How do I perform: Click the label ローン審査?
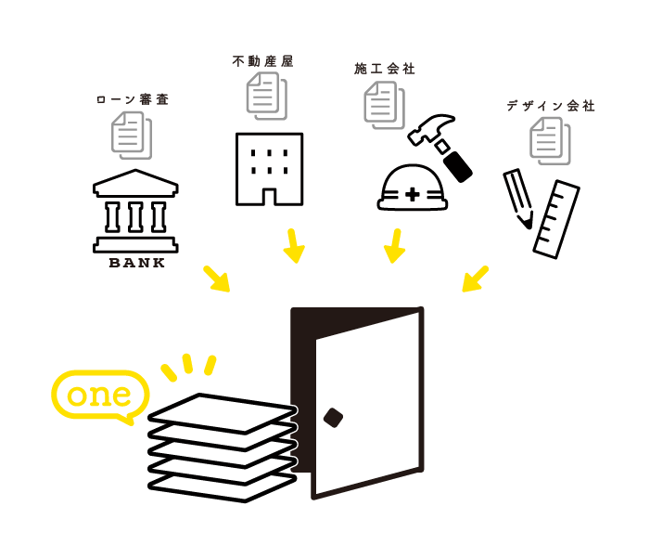click(x=133, y=99)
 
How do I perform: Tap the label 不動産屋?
click(x=262, y=61)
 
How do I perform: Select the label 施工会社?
click(x=385, y=69)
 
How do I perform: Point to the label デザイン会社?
click(x=551, y=106)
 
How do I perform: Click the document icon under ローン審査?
click(x=131, y=135)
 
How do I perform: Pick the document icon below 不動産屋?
click(x=265, y=96)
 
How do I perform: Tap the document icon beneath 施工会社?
click(x=383, y=104)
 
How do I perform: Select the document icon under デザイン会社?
click(x=549, y=140)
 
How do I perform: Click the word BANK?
click(x=135, y=263)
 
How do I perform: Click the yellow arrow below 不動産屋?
click(x=293, y=246)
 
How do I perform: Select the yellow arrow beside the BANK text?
click(x=217, y=279)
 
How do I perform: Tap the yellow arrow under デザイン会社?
click(x=475, y=279)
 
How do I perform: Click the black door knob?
click(x=333, y=418)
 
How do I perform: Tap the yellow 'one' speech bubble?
click(x=100, y=396)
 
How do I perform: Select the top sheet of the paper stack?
click(x=223, y=411)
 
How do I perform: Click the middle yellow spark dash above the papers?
click(x=187, y=363)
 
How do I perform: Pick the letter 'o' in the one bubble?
click(x=77, y=396)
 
